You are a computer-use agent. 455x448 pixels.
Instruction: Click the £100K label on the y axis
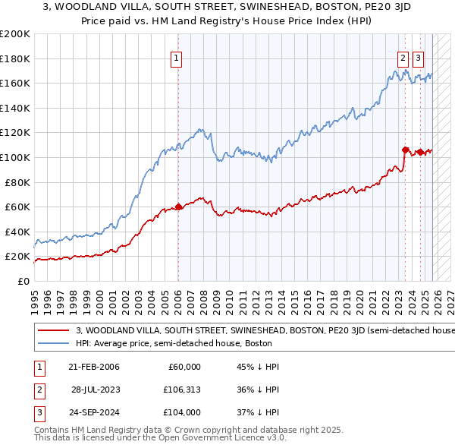coord(15,157)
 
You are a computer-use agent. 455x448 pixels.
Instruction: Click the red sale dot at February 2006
coord(178,206)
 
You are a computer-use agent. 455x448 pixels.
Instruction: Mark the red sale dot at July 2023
coord(405,150)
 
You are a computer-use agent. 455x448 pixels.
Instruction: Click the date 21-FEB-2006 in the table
coord(93,367)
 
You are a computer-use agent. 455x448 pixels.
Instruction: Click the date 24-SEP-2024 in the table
coord(93,412)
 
